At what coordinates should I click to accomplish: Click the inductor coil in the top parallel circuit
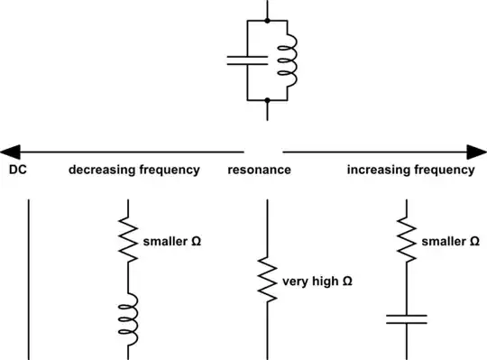coord(286,60)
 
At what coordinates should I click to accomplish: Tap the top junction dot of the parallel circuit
coord(267,20)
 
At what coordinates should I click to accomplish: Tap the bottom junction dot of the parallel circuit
coord(267,101)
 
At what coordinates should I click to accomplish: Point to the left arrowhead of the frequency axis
coord(11,151)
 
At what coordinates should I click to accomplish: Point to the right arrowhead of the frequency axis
coord(475,151)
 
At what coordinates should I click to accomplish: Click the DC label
coord(16,170)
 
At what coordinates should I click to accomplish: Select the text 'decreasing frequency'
coord(134,170)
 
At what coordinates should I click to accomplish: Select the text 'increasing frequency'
coord(410,170)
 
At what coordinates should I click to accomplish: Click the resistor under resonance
coord(267,281)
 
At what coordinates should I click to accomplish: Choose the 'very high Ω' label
coord(317,282)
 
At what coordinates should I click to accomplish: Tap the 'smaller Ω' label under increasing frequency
coord(449,242)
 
